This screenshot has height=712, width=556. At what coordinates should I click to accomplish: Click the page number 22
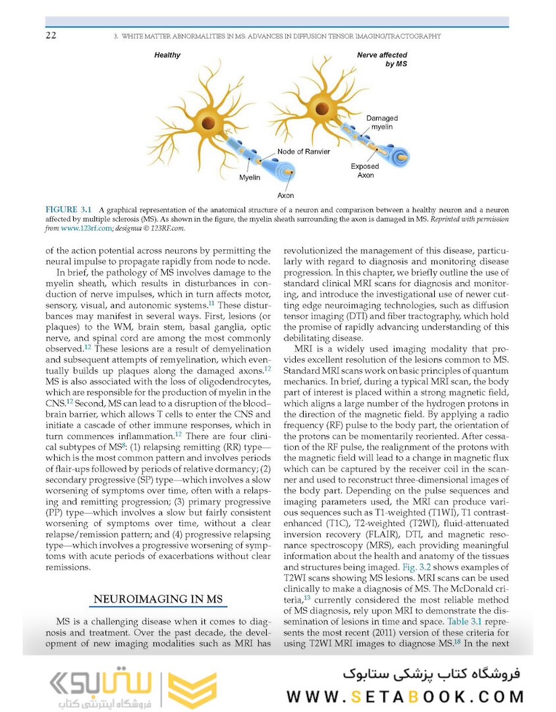tap(50, 36)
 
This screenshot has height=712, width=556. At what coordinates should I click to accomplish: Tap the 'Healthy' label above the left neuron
tap(167, 55)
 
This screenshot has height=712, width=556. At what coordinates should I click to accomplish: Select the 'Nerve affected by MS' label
tap(383, 59)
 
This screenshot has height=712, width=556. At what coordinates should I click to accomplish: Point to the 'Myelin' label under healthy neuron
tap(249, 177)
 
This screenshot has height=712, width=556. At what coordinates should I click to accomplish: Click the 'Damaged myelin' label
tap(381, 122)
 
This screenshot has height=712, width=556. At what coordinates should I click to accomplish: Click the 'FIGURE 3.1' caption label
tap(69, 210)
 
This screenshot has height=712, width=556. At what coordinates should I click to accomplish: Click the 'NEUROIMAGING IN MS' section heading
tap(158, 599)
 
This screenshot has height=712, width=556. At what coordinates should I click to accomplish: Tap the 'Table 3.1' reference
tap(466, 621)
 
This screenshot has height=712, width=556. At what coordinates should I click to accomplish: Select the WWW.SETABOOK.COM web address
tap(406, 696)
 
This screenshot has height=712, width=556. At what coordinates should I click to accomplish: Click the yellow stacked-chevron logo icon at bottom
tap(192, 690)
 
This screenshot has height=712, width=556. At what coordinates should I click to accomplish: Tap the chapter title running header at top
tap(277, 36)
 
